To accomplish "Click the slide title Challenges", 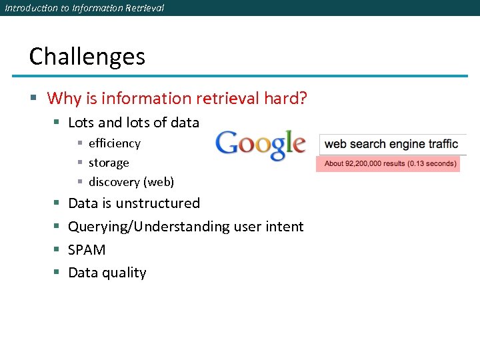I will point(87,57).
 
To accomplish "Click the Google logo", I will point(260,145).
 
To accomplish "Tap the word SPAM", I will point(87,249).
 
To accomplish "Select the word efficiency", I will point(115,143).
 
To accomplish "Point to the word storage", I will point(109,163).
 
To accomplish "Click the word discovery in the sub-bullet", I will point(114,182).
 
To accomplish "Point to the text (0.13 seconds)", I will point(434,163).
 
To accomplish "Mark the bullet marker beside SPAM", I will point(56,250).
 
